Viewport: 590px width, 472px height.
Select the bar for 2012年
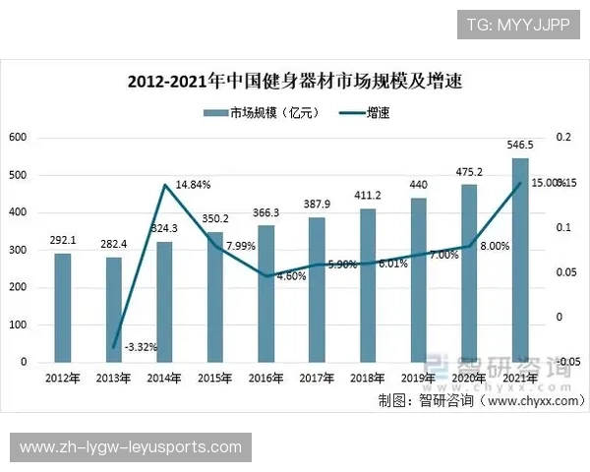62,308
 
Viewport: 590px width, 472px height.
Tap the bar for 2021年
520,260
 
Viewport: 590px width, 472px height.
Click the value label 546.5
520,146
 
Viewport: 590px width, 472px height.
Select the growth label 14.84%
192,185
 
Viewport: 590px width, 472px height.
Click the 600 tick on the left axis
17,138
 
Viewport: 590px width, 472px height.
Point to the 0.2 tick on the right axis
561,138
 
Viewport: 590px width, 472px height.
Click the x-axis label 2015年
214,378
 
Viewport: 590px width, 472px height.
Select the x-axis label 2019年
419,378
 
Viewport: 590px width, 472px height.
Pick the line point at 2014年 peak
164,184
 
